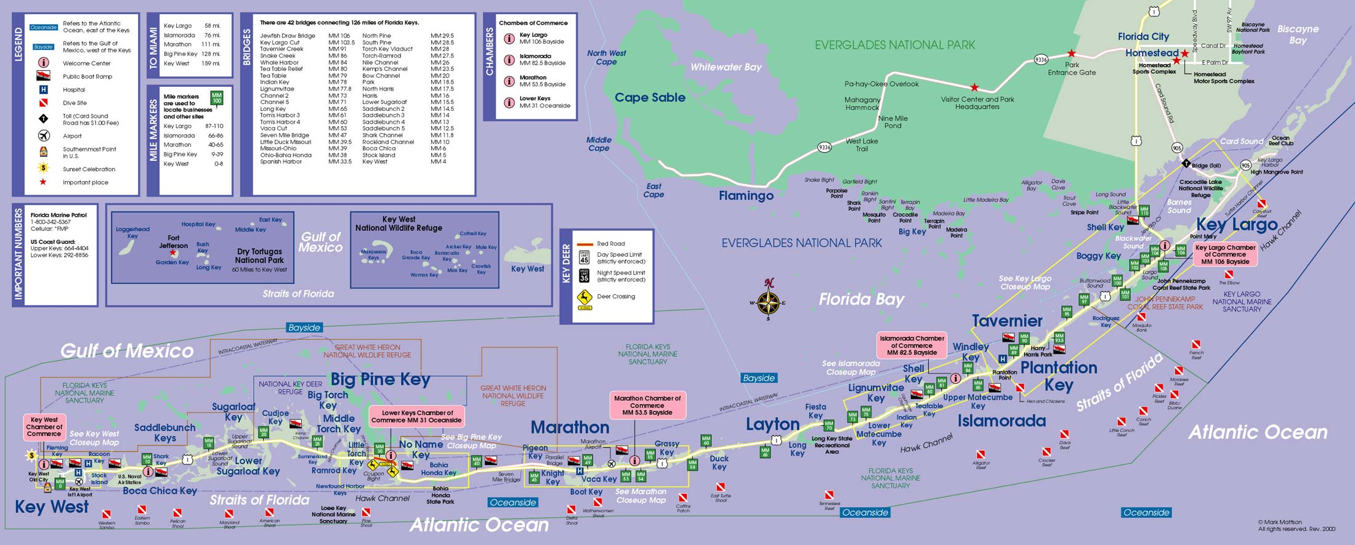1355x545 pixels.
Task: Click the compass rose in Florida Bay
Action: point(768,302)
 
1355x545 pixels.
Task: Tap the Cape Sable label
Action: point(650,98)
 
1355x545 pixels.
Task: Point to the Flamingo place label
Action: point(746,196)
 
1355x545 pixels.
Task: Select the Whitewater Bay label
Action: point(726,67)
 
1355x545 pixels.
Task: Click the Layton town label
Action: point(772,424)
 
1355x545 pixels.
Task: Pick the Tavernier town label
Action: point(1007,321)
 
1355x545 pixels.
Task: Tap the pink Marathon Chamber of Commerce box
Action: point(647,405)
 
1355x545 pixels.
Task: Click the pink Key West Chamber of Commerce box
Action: point(44,427)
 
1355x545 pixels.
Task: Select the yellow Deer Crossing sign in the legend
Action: point(584,299)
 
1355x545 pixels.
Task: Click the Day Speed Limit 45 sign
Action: point(584,257)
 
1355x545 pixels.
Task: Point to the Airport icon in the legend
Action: point(44,135)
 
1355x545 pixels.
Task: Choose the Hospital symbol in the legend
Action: point(44,90)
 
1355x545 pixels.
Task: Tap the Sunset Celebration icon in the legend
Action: point(44,168)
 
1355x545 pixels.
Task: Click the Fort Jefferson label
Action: point(173,241)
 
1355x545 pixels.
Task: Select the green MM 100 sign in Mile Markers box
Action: point(217,98)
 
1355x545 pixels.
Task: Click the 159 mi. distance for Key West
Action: point(211,63)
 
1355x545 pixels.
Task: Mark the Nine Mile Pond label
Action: point(893,122)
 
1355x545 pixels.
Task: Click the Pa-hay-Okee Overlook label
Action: point(881,84)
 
